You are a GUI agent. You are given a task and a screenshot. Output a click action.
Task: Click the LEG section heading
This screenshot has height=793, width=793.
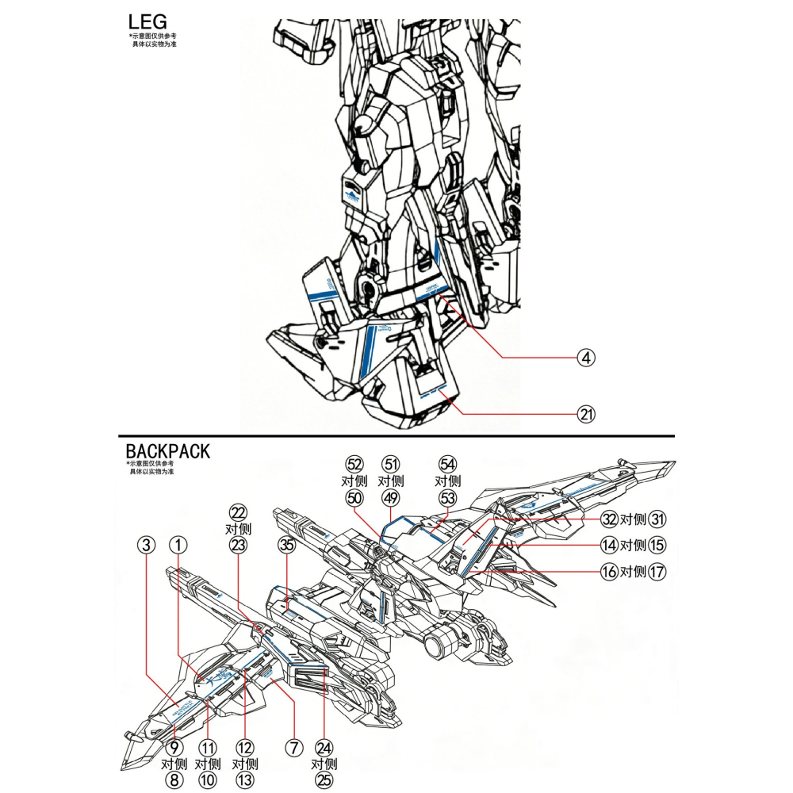[147, 21]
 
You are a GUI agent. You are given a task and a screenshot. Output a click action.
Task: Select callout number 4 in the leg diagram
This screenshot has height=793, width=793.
[585, 358]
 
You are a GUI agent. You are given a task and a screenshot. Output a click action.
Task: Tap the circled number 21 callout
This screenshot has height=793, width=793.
[585, 413]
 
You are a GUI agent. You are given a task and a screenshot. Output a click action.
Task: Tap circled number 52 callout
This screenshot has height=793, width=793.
[354, 464]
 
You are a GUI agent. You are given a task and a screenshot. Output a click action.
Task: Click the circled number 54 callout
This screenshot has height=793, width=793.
[448, 464]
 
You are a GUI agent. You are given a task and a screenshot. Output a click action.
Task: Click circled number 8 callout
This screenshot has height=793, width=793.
[174, 780]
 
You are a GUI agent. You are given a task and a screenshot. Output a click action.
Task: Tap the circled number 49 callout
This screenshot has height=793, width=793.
[390, 497]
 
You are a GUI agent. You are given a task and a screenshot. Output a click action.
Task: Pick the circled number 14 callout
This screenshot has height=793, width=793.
[609, 546]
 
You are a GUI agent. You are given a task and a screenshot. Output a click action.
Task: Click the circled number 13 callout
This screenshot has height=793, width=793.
[245, 780]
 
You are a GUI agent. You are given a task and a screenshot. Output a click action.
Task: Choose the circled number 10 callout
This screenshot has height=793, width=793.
[208, 780]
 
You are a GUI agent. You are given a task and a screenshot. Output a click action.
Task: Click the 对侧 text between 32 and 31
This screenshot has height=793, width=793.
[634, 520]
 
